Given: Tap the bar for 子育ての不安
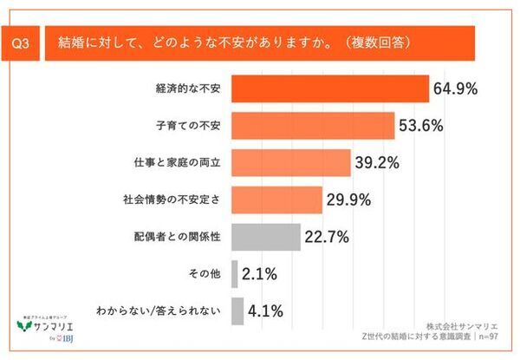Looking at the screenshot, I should [314, 126].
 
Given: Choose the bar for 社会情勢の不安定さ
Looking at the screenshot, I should [277, 200].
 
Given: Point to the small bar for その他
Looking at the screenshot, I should [235, 273].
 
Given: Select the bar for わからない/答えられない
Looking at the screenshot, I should [237, 311].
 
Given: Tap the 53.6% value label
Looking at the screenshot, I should [422, 126].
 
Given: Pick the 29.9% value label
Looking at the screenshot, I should [348, 200].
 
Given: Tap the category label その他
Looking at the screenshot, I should [205, 273].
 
